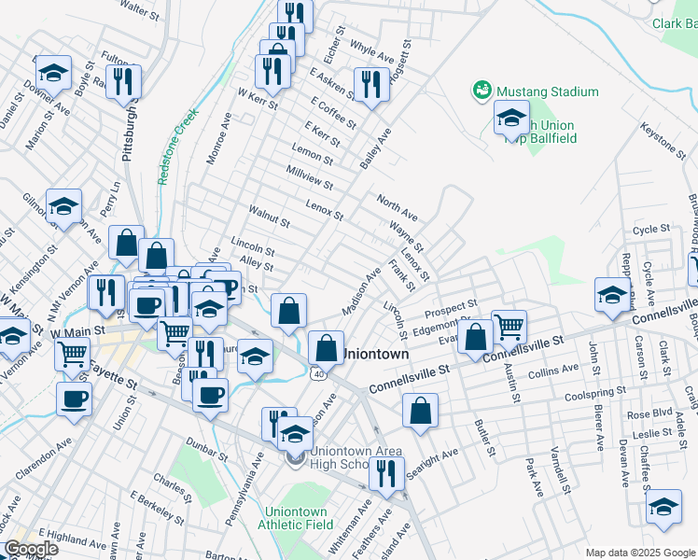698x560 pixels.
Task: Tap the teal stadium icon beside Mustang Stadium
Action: click(482, 91)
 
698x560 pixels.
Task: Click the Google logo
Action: click(31, 549)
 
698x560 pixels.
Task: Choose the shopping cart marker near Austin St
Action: click(510, 327)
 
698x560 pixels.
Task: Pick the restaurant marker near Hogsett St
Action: click(370, 84)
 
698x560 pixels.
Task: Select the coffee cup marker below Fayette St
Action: click(75, 399)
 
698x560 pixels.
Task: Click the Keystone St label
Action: click(663, 142)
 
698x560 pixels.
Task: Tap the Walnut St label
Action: click(269, 219)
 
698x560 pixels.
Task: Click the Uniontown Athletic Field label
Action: click(297, 518)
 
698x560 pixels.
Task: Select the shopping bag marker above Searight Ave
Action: click(421, 410)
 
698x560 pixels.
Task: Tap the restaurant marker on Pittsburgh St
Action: click(123, 81)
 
